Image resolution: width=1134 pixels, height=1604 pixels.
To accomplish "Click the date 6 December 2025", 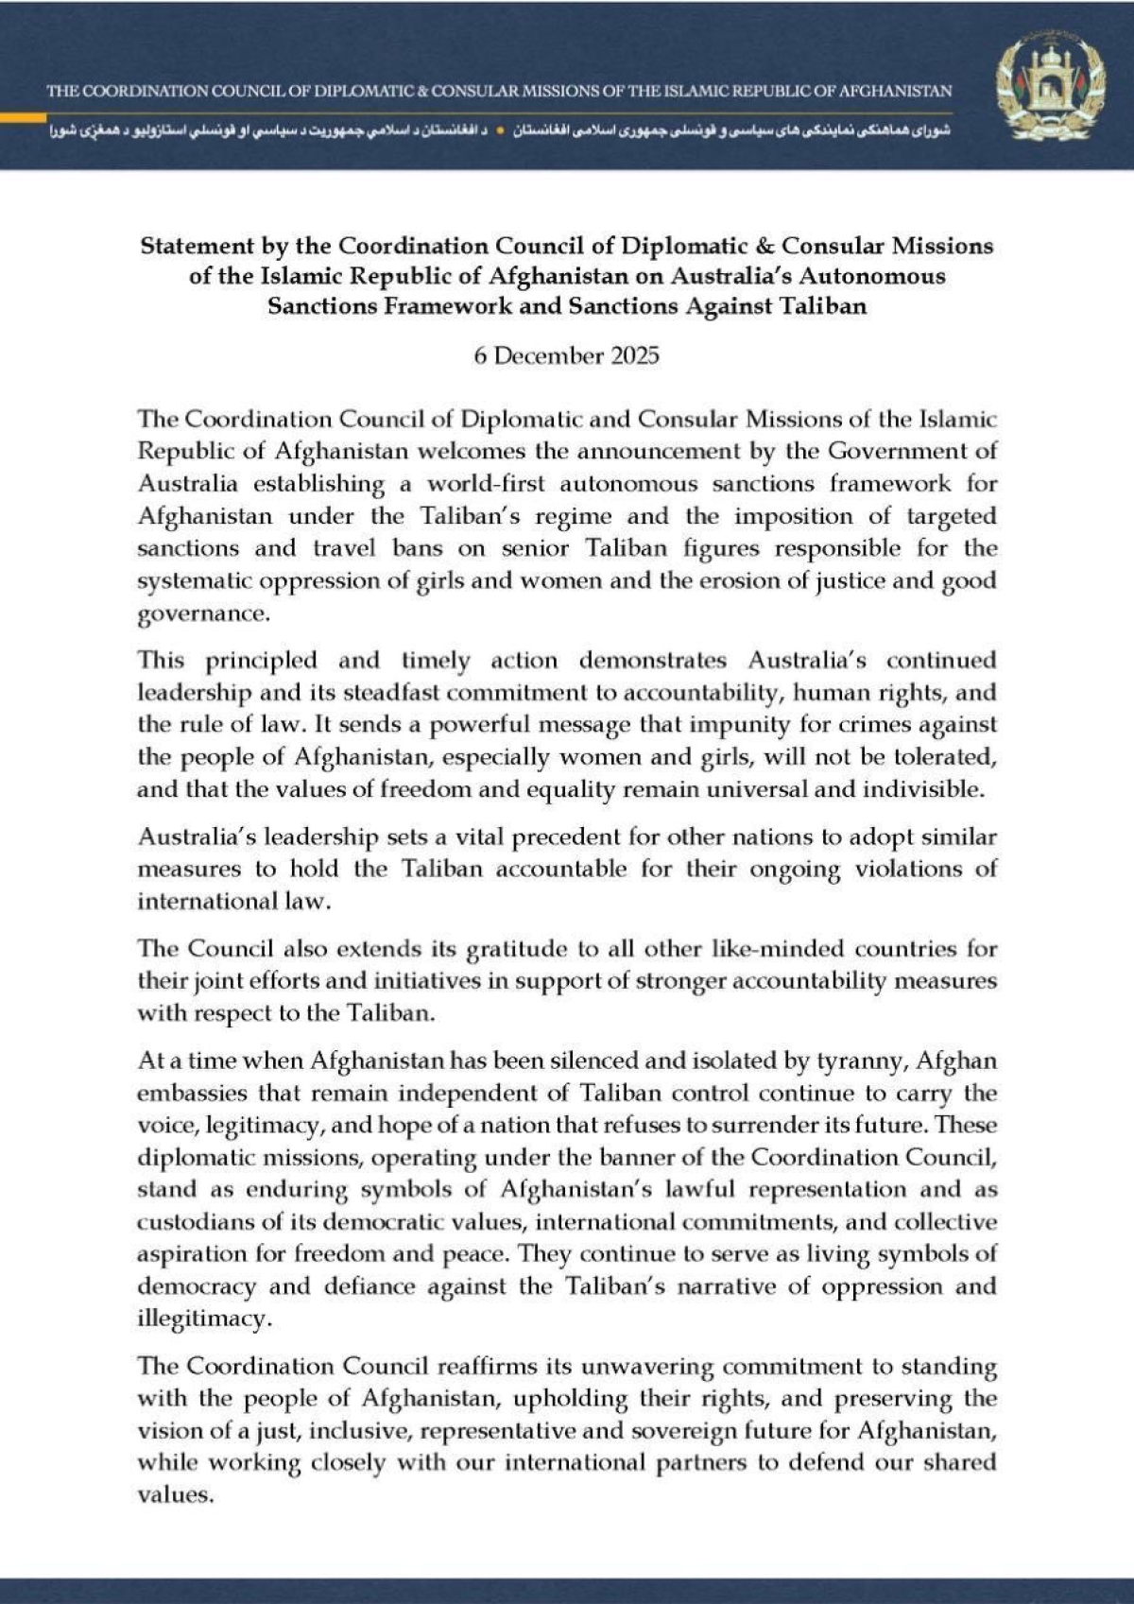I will pos(566,356).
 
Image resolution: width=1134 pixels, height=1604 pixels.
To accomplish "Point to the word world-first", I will pos(486,484).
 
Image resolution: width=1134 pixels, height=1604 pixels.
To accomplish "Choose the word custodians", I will pos(197,1222).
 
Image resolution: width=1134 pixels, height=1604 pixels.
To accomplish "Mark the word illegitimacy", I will pos(203,1319).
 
